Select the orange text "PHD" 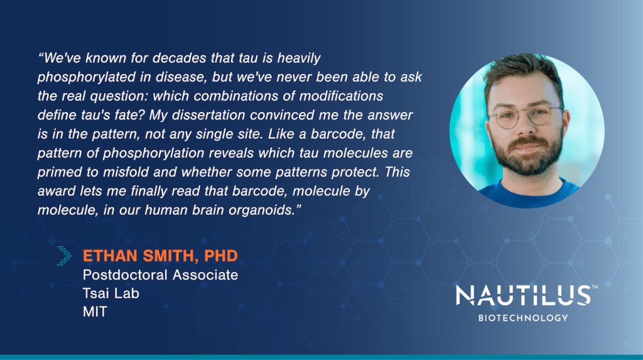[221, 256]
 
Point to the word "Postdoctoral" [125, 275]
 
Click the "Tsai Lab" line [111, 293]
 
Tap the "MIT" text [95, 312]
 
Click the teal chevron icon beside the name [65, 256]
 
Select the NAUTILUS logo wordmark [523, 295]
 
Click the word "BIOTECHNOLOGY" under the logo [523, 318]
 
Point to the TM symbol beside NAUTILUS [595, 287]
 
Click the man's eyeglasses [526, 116]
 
